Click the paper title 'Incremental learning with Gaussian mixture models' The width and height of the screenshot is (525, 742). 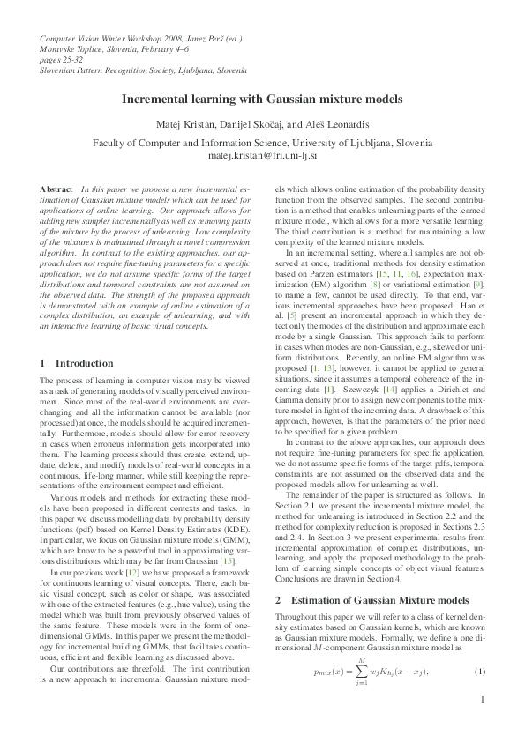(262, 100)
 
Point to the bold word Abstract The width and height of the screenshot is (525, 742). (56, 189)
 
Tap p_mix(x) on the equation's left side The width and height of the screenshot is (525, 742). (331, 697)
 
